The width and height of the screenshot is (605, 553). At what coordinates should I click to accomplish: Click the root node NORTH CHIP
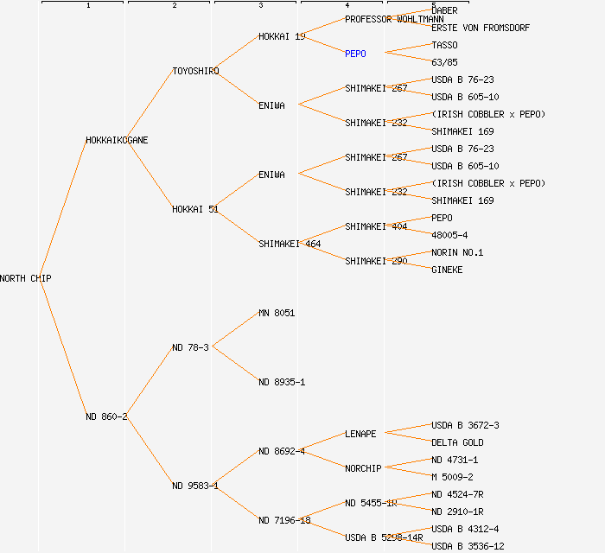click(x=26, y=278)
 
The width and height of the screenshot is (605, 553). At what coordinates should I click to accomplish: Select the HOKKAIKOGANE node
click(x=117, y=140)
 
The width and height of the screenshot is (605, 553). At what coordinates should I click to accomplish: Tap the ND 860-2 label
click(x=106, y=416)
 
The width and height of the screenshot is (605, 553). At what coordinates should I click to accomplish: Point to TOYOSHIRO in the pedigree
click(x=195, y=71)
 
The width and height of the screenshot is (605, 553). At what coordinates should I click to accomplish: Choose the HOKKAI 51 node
click(x=194, y=209)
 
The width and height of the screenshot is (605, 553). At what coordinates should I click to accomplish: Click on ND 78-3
click(x=190, y=347)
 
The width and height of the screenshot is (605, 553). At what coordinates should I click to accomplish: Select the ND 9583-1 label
click(x=194, y=486)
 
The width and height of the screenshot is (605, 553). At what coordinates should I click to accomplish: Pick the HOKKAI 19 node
click(x=282, y=36)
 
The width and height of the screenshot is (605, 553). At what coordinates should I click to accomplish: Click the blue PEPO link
click(x=355, y=54)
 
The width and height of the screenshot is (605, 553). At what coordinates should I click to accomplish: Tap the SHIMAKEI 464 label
click(x=290, y=244)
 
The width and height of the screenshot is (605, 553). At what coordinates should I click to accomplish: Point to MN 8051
click(x=277, y=313)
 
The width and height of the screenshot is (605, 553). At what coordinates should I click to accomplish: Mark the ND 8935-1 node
click(x=282, y=382)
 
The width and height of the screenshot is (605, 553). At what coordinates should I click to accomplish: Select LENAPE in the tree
click(x=360, y=434)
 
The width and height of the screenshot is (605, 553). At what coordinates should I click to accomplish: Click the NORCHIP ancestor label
click(x=363, y=468)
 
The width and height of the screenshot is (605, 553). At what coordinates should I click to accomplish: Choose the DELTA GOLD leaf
click(x=457, y=442)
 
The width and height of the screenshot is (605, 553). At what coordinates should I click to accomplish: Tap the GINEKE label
click(x=447, y=270)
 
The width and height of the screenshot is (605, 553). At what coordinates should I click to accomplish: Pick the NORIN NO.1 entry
click(x=457, y=252)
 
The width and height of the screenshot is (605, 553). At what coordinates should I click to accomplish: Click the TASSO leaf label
click(x=444, y=45)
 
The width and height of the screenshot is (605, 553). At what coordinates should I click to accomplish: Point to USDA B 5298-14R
click(x=384, y=537)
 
